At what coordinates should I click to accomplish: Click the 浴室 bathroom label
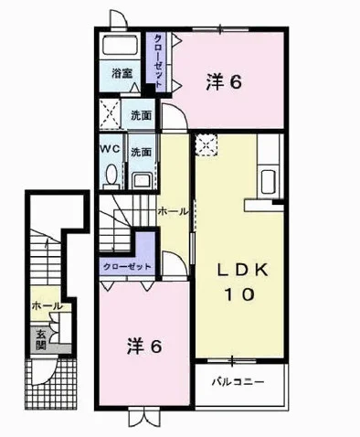coord(122,73)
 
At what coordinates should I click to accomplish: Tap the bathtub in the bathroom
coord(121,46)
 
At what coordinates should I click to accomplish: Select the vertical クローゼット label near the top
coord(158,61)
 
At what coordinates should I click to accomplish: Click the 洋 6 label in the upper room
coord(224,82)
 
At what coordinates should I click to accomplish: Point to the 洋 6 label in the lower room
coord(143,346)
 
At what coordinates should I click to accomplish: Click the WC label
coord(110,149)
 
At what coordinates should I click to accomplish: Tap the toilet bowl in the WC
coord(111,175)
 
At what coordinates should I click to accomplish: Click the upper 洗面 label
coord(142,115)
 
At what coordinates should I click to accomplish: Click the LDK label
coord(242,271)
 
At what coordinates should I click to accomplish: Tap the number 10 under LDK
coord(239,294)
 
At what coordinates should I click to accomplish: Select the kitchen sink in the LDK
coord(269,181)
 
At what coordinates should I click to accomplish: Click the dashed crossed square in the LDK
coord(206,145)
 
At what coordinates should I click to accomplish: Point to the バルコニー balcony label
coord(238,382)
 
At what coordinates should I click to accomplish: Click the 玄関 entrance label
coord(40,340)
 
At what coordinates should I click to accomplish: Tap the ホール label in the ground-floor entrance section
coord(46,305)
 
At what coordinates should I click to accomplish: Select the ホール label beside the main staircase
coord(172,211)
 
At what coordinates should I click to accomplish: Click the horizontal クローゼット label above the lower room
coord(127,267)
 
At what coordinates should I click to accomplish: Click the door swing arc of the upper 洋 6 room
coord(180,111)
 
